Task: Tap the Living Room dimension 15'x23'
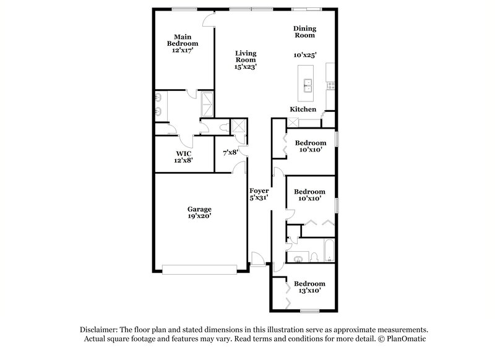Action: tap(245, 66)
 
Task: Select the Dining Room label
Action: tap(304, 32)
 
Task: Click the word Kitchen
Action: tap(303, 109)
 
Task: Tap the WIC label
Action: tap(184, 153)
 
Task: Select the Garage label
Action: tap(200, 209)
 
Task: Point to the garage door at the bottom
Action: tap(199, 269)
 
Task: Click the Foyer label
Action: tap(259, 191)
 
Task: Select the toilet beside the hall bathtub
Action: tap(313, 257)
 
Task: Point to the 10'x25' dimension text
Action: tap(305, 55)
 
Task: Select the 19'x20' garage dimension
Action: tap(200, 217)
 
